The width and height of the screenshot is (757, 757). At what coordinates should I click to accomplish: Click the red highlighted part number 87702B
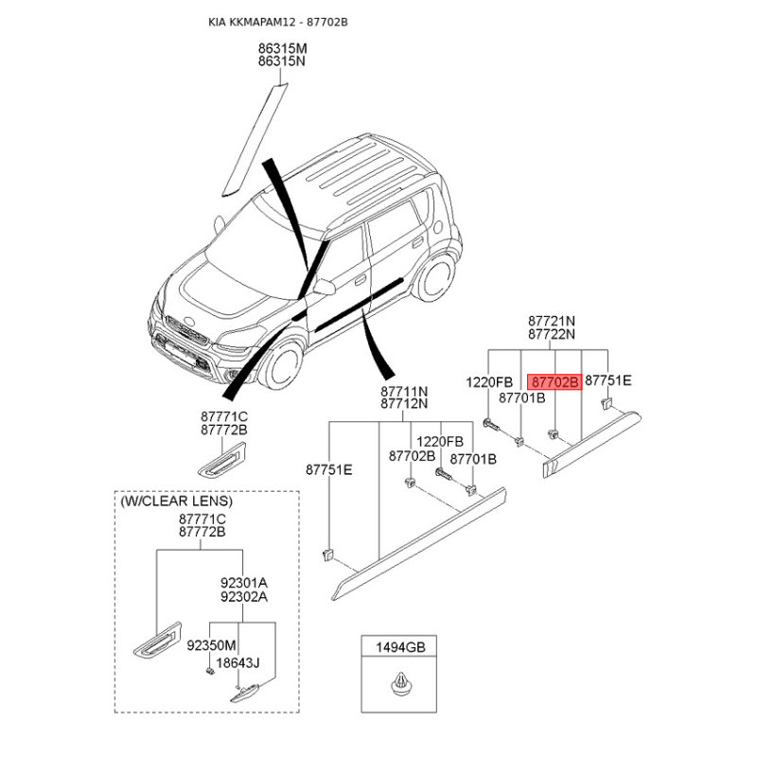pos(555,382)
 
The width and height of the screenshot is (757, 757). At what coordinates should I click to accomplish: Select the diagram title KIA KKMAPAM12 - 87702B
pos(277,22)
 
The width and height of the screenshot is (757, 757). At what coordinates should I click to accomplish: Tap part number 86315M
pos(282,48)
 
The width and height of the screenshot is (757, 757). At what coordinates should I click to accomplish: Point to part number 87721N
pos(552,321)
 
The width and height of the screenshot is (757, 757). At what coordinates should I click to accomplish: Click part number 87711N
pos(404,391)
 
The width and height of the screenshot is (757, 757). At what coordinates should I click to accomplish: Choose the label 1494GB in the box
pos(400,647)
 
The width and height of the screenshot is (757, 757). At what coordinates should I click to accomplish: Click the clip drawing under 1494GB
pos(399,683)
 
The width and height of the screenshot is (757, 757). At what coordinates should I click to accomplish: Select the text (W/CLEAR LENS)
pos(176,501)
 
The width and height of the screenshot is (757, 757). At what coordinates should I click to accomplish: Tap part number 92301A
pos(244,583)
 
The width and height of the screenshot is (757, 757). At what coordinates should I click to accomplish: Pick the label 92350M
pos(211,645)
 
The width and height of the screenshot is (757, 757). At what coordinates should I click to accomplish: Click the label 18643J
pos(238,663)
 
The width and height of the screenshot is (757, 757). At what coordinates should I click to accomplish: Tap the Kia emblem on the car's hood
pos(190,321)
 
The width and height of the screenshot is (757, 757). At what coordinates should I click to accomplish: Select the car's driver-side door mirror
pos(324,286)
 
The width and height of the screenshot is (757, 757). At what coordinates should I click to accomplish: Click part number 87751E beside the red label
pos(607,381)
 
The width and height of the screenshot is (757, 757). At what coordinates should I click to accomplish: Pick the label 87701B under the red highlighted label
pos(522,397)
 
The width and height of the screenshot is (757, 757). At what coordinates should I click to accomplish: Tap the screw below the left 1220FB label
pos(491,426)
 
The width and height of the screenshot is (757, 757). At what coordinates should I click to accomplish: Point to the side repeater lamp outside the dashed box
pos(221,460)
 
